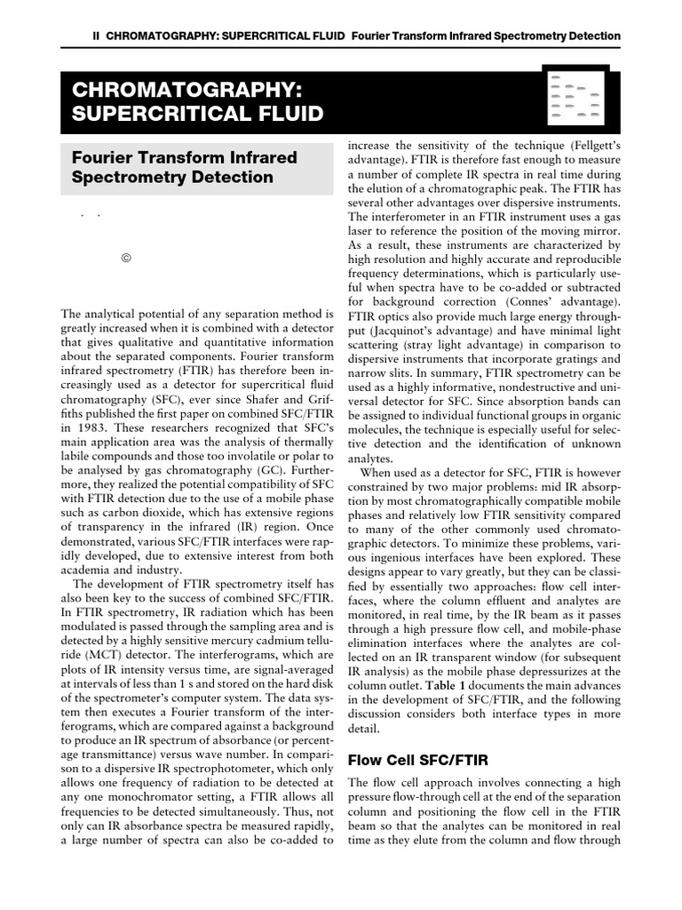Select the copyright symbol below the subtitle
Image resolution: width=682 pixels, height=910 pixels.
pyautogui.click(x=125, y=259)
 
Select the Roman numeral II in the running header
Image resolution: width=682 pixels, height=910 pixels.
pyautogui.click(x=97, y=36)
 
